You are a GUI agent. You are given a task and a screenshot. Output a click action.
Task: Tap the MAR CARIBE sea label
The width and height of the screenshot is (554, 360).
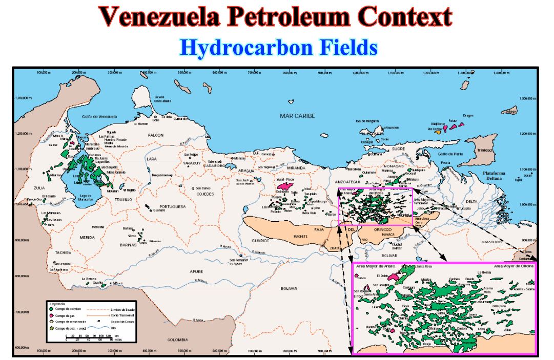(297, 116)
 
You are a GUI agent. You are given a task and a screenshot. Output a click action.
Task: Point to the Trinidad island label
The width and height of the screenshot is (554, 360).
(484, 151)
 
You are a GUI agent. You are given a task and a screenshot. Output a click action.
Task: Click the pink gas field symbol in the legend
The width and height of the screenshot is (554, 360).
(51, 315)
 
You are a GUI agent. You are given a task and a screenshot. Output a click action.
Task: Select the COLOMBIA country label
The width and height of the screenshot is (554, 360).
(179, 340)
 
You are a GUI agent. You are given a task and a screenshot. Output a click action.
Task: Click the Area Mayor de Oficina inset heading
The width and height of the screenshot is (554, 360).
(514, 267)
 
